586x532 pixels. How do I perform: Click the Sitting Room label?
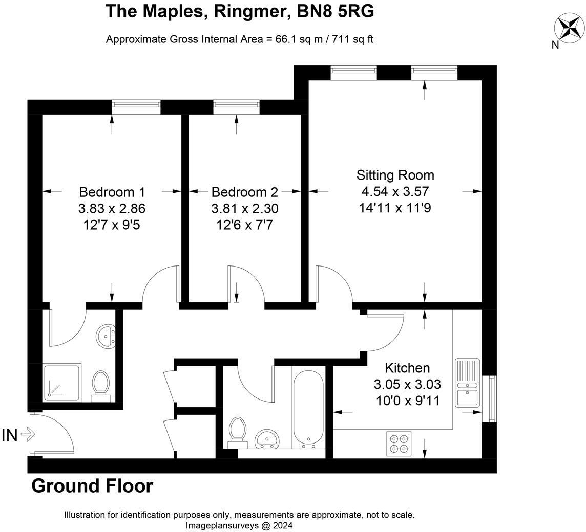[x=395, y=175]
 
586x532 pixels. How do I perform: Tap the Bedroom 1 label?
[x=112, y=192]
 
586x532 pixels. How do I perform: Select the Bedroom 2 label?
[x=245, y=192]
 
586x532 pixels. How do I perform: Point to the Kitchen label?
[x=407, y=368]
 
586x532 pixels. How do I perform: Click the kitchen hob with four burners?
[x=399, y=444]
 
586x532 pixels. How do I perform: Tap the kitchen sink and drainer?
[x=468, y=383]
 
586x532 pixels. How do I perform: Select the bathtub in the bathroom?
[x=308, y=409]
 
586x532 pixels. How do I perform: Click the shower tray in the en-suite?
[x=62, y=383]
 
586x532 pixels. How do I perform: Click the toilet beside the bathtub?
[x=238, y=432]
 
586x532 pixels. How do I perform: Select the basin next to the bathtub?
[x=266, y=439]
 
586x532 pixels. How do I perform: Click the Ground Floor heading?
[x=92, y=486]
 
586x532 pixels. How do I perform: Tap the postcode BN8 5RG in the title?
[x=335, y=12]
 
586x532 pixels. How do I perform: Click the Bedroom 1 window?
[x=136, y=107]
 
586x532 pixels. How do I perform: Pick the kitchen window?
[x=489, y=398]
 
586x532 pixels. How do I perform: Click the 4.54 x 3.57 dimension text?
[x=395, y=191]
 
